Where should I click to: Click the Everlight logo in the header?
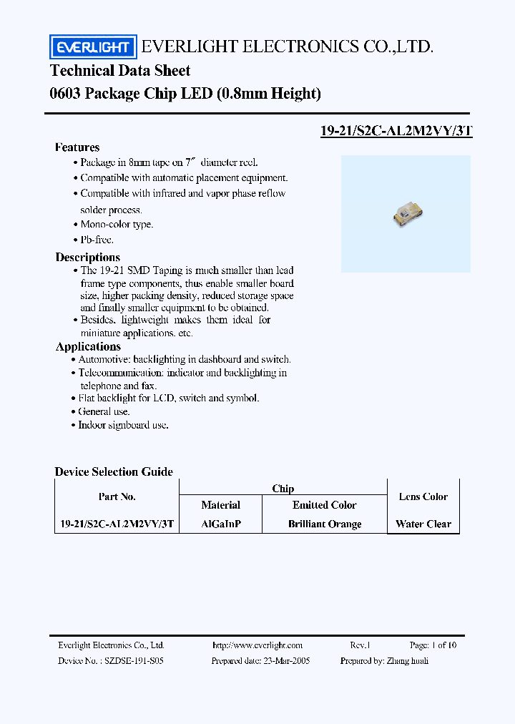tap(92, 47)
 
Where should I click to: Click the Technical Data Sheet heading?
tap(120, 70)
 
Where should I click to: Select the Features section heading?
tap(77, 147)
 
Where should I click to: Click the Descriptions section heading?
tap(88, 257)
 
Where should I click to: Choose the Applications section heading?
tap(88, 347)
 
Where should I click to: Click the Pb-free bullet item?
tap(97, 240)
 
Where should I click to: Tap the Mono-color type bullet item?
tap(116, 225)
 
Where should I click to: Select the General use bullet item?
tap(104, 411)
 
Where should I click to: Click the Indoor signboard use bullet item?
tap(123, 425)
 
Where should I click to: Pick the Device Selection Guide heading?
tap(114, 471)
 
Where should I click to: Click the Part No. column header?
tap(117, 496)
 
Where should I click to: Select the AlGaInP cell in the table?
tap(221, 524)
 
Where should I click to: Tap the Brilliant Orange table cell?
tap(325, 524)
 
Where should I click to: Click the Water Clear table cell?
tap(423, 524)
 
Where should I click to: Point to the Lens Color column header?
tap(423, 496)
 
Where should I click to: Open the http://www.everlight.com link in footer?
tap(257, 645)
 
